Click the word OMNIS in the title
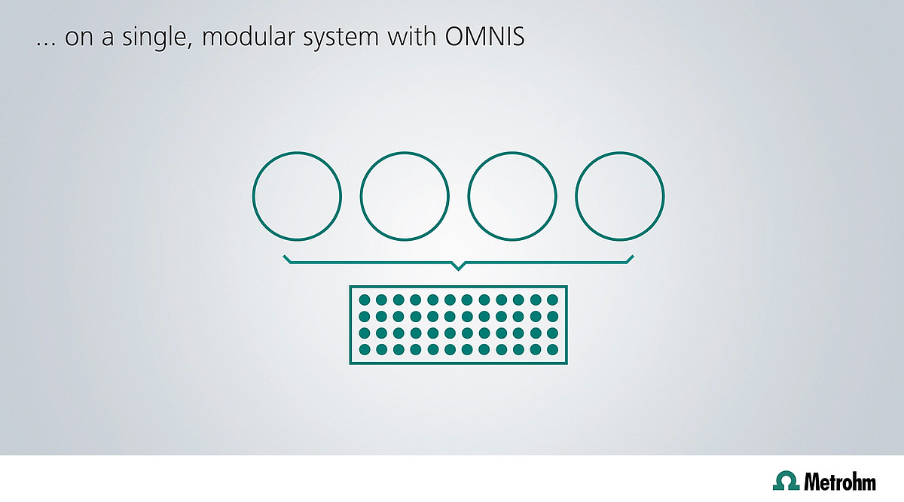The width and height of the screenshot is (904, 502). coord(484,37)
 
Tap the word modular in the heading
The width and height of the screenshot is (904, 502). coord(249,36)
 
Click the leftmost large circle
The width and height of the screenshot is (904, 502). coord(253,196)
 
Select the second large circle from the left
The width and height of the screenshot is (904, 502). coord(361,196)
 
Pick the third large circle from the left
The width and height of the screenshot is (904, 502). coord(468,196)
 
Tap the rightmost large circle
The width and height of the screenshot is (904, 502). coord(576,196)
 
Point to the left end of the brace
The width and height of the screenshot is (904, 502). coord(284,256)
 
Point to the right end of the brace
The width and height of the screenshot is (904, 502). coord(633,256)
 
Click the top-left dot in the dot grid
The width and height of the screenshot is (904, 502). coord(365,300)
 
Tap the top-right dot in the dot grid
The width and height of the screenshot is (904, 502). coord(552,300)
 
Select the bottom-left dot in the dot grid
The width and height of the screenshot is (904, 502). coord(365,349)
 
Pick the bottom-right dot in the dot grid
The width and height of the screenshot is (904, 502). coord(552,349)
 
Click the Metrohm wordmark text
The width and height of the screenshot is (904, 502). coord(840,482)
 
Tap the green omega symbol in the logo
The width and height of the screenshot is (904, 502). coord(786,480)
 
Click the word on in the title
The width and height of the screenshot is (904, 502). coord(79,39)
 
